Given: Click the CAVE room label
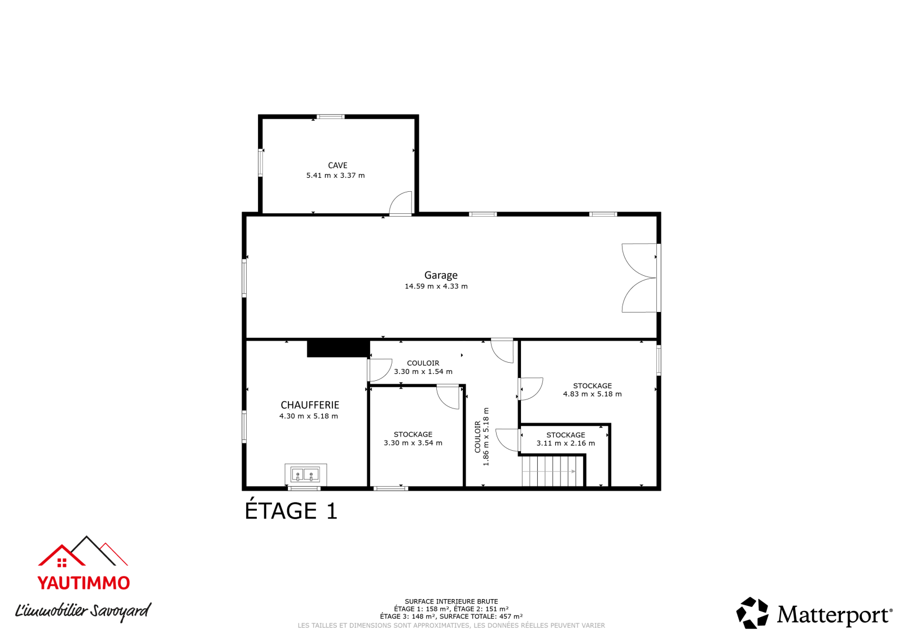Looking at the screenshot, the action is (337, 165).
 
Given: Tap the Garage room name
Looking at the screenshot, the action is (441, 275).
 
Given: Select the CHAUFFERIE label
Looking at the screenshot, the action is (310, 404).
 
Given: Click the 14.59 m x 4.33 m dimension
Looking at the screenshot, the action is (436, 286).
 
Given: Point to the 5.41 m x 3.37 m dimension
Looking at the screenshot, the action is (335, 175).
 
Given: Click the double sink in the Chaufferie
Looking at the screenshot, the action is (305, 474).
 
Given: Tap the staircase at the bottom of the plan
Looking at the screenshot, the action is (553, 470).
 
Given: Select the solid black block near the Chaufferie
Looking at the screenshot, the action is (338, 349).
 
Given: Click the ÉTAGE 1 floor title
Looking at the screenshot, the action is (291, 511).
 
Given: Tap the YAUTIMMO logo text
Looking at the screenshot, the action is (84, 583).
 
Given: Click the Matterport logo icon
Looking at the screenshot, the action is (752, 613).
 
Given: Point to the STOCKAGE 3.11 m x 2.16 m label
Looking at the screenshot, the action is (566, 439).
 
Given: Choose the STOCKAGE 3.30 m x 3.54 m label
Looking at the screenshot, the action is (413, 438).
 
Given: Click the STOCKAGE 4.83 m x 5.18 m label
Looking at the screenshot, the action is (592, 390).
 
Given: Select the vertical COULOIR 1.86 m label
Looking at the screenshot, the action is (482, 437).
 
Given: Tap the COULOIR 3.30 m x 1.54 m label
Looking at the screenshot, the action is (423, 367).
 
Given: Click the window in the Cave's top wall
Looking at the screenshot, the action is (331, 117).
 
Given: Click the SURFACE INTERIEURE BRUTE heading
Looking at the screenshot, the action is (451, 601).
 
